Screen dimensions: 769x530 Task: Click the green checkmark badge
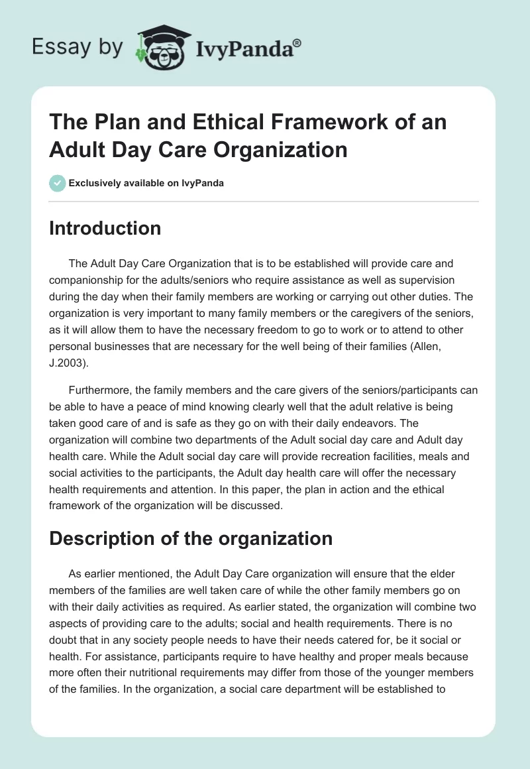click(58, 183)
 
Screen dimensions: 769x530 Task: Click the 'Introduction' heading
click(105, 228)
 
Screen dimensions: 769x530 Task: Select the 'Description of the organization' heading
click(191, 538)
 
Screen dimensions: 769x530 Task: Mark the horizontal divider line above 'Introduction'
click(264, 201)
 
